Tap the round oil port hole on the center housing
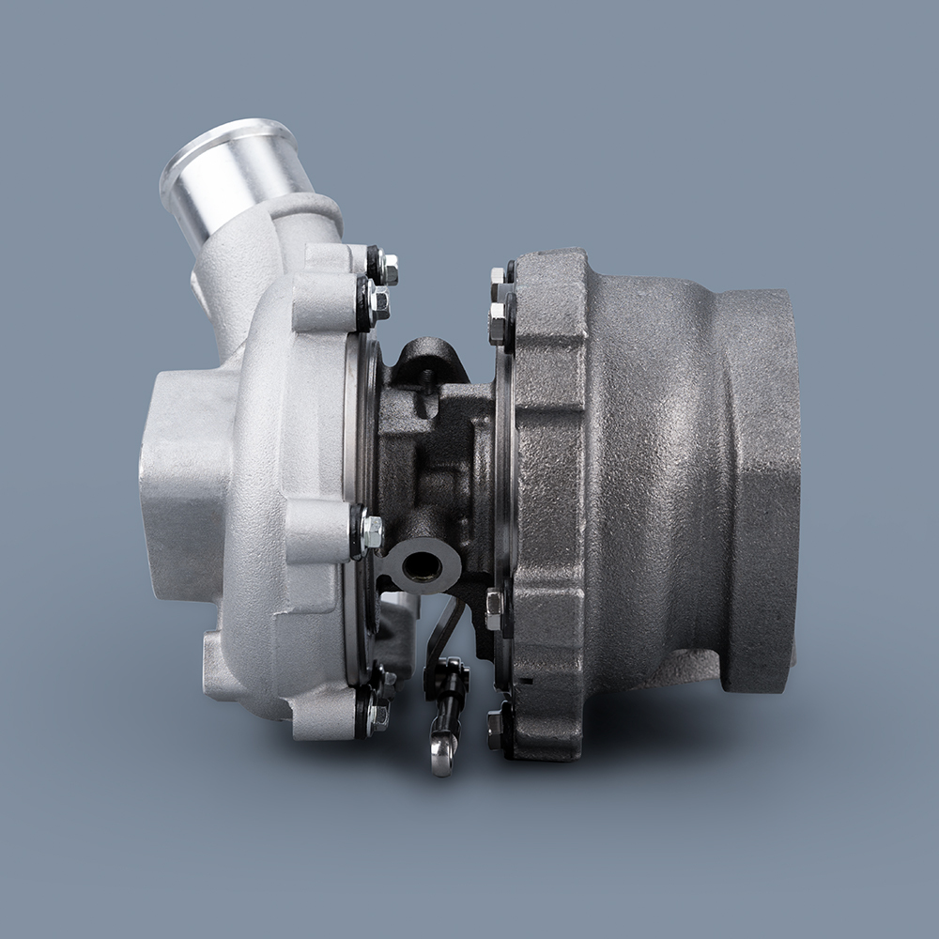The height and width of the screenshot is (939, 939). point(423,565)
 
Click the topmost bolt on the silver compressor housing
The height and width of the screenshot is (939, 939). point(387,269)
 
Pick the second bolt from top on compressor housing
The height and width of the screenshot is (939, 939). point(377,301)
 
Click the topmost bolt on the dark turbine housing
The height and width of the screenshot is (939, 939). point(499,278)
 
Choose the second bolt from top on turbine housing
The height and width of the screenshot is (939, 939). point(498,324)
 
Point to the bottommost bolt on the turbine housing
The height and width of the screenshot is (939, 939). point(496,727)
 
